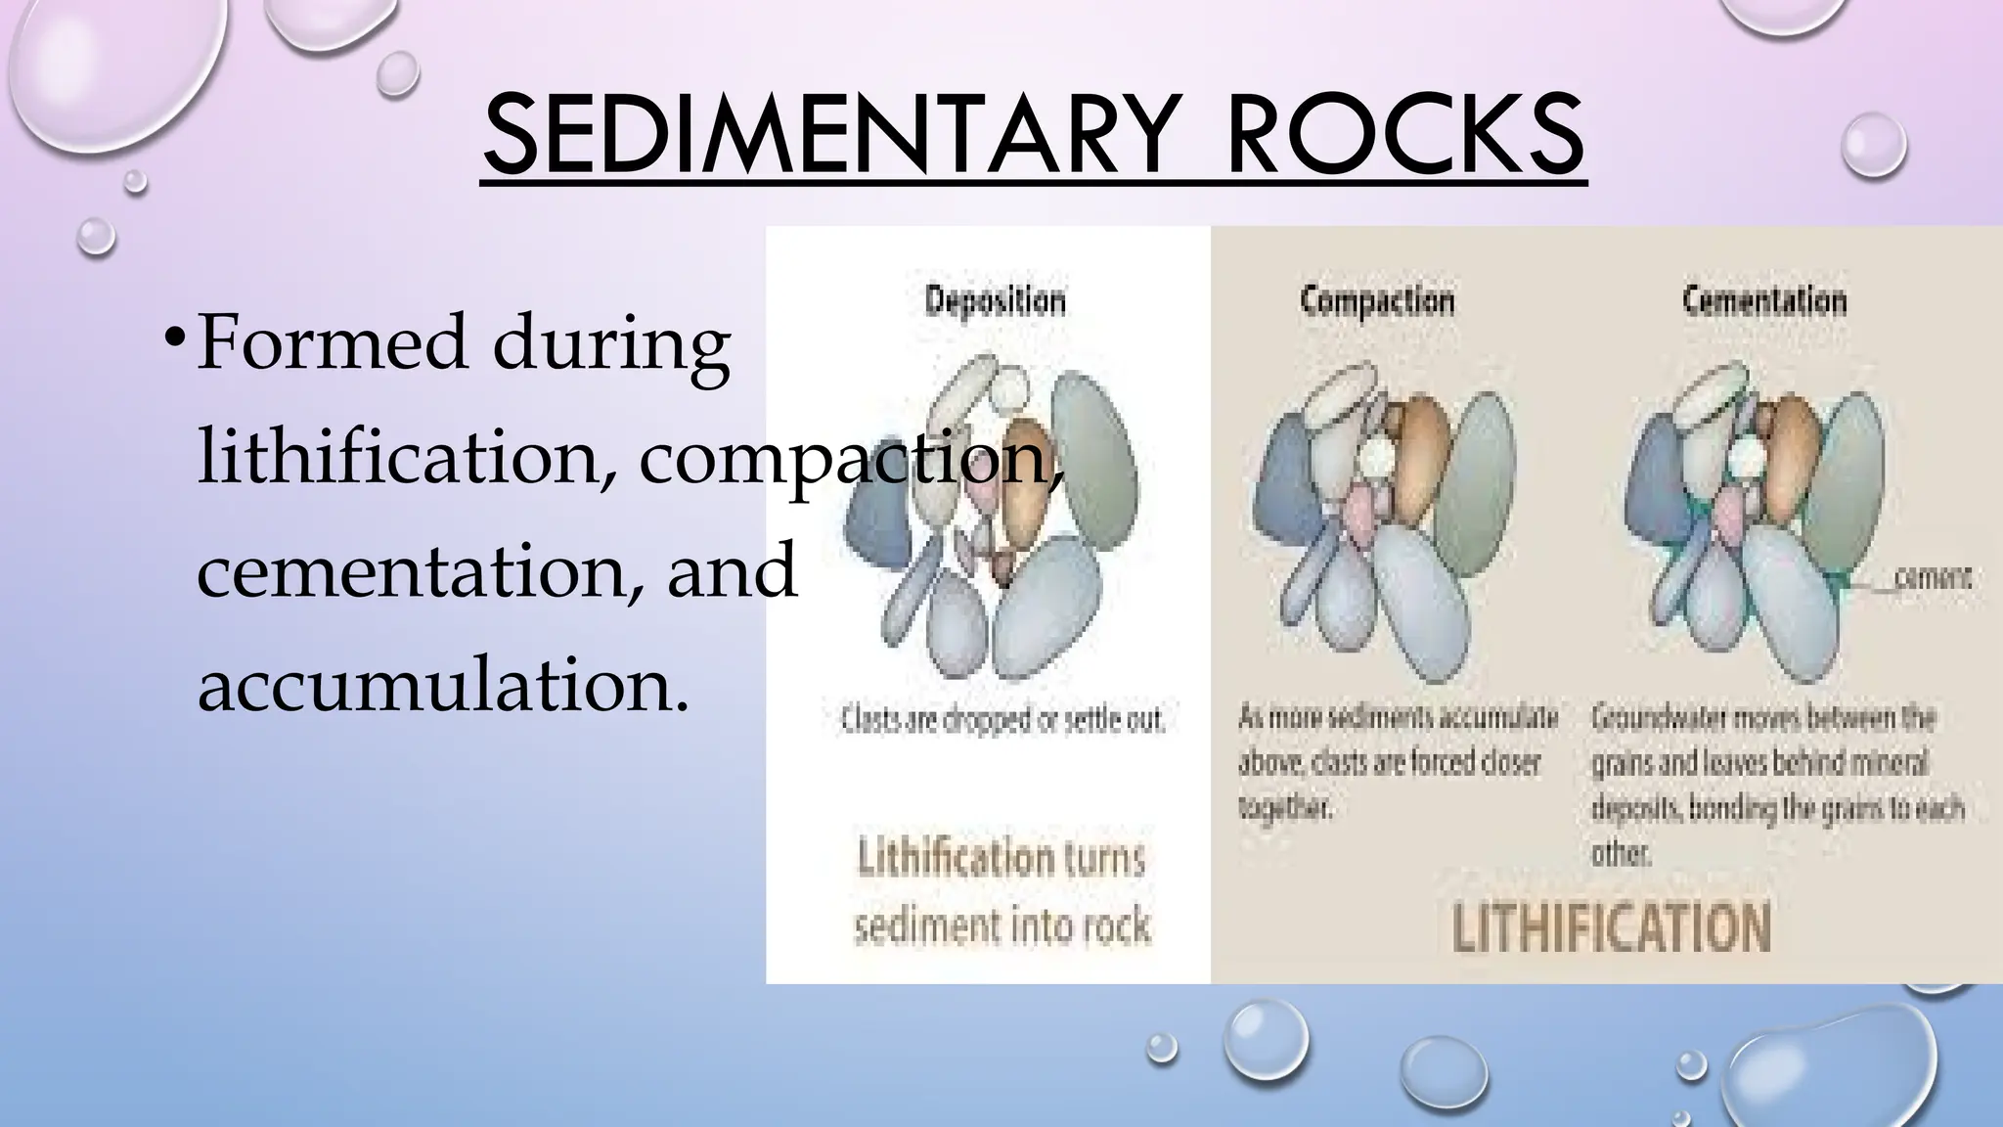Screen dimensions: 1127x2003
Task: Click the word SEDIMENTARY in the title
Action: pyautogui.click(x=824, y=136)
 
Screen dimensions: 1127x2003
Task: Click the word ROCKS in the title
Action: pyautogui.click(x=1405, y=136)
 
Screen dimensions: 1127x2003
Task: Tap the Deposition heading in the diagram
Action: pyautogui.click(x=995, y=300)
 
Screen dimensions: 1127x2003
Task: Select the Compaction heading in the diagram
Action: pyautogui.click(x=1377, y=300)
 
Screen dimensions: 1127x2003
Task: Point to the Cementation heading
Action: pyautogui.click(x=1764, y=300)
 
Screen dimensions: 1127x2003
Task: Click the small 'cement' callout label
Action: pyautogui.click(x=1933, y=578)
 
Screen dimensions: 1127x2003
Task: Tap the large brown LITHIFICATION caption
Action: pyautogui.click(x=1611, y=927)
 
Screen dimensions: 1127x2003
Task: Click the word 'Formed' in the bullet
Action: pyautogui.click(x=332, y=343)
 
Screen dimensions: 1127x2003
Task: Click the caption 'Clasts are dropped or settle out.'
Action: pyautogui.click(x=1002, y=720)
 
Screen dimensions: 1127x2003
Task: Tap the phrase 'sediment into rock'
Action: pyautogui.click(x=1001, y=924)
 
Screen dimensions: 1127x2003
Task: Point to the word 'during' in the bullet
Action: pyautogui.click(x=610, y=343)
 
